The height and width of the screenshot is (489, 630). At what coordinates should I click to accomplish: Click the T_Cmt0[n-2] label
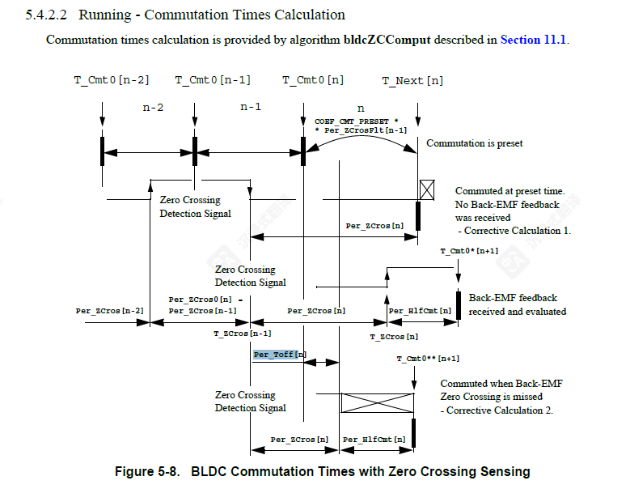click(x=112, y=80)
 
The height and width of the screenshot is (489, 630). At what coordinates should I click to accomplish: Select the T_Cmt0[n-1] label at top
click(x=213, y=80)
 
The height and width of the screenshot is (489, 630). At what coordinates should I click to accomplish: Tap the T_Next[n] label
click(x=412, y=80)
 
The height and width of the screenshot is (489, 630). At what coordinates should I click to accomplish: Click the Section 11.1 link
click(x=534, y=40)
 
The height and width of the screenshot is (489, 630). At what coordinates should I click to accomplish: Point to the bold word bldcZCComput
click(x=387, y=40)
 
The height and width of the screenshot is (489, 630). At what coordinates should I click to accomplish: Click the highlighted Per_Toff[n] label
click(x=280, y=355)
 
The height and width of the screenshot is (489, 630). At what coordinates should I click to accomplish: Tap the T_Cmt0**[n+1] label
click(x=428, y=359)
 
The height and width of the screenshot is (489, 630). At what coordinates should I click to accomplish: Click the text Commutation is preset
click(x=475, y=143)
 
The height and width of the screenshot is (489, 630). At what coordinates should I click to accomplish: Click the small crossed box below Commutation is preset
click(x=427, y=190)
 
